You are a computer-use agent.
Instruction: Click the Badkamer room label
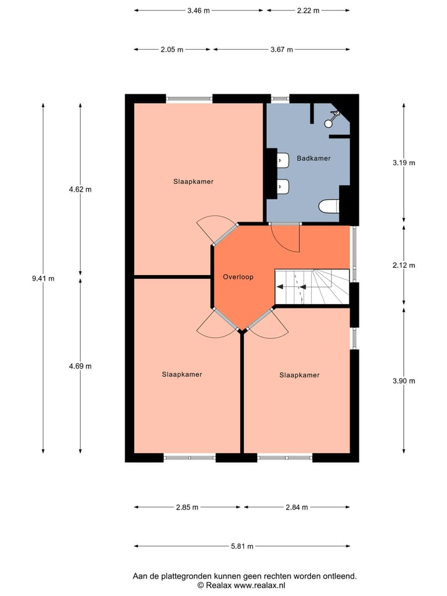coord(314,158)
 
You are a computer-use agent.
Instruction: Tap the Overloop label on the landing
coord(238,277)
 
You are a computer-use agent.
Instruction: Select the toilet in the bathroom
coord(327,207)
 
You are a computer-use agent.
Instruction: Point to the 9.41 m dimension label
coord(43,279)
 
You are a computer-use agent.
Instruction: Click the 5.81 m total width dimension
coord(242,546)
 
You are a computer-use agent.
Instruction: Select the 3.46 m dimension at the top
coord(198,11)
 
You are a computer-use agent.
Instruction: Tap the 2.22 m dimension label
coord(308,11)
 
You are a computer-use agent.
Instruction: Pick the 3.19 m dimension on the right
coord(404,163)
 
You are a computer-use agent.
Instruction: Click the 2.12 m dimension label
coord(404,265)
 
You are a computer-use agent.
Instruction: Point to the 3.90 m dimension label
coord(404,381)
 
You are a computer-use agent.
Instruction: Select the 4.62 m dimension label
coord(80,189)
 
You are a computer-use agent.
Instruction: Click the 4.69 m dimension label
coord(80,366)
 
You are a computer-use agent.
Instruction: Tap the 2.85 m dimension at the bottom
coord(187,507)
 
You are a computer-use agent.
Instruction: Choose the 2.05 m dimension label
coord(172,50)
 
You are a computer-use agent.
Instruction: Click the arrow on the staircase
coord(289,287)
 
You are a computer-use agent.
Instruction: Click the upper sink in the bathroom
coord(282,160)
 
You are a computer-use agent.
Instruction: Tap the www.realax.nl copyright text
coord(242,585)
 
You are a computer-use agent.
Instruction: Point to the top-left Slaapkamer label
coord(193,182)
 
